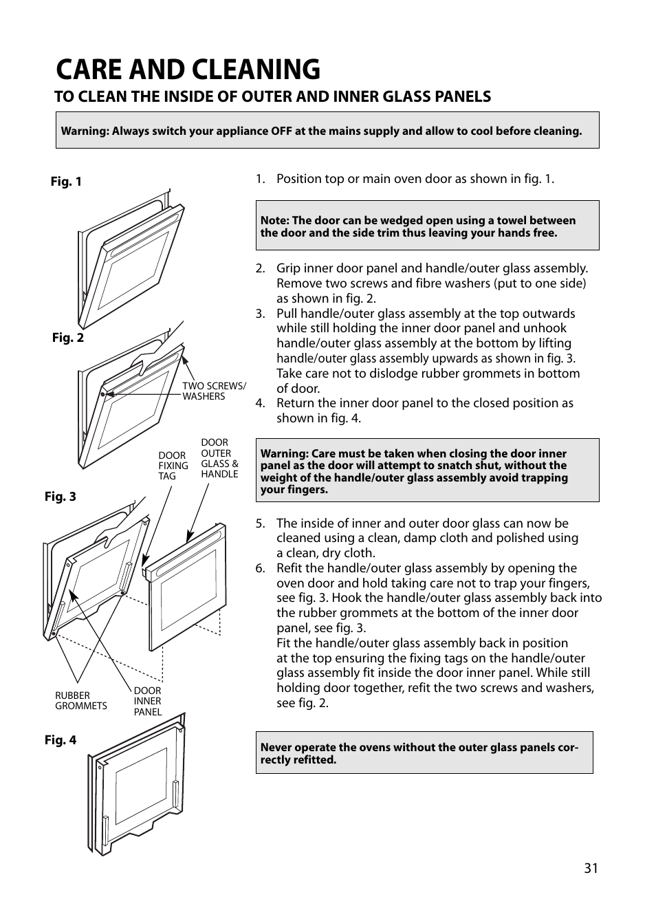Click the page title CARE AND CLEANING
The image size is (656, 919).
pyautogui.click(x=188, y=69)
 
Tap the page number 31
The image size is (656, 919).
pyautogui.click(x=591, y=868)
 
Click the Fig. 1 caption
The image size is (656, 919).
pyautogui.click(x=66, y=182)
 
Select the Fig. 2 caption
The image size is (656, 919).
pyautogui.click(x=68, y=338)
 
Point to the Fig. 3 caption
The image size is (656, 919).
pyautogui.click(x=61, y=497)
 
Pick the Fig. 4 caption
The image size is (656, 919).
pyautogui.click(x=61, y=740)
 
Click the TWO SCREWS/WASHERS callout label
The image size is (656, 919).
pyautogui.click(x=213, y=391)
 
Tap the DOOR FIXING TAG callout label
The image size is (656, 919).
pyautogui.click(x=173, y=466)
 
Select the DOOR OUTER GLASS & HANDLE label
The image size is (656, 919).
pyautogui.click(x=219, y=458)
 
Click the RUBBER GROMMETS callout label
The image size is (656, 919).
pyautogui.click(x=81, y=700)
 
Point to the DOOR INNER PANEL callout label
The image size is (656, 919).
pyautogui.click(x=148, y=701)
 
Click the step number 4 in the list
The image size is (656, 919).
pyautogui.click(x=260, y=403)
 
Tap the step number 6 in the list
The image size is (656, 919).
pyautogui.click(x=260, y=568)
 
